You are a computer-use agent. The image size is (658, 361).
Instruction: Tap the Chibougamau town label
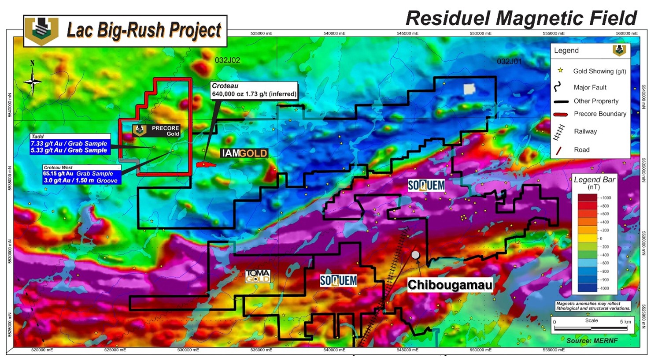click(449, 285)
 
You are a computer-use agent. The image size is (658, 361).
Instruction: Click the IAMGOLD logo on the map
click(244, 153)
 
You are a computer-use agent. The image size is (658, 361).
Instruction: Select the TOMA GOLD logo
click(258, 276)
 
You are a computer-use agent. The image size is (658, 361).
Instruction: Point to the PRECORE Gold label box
click(157, 130)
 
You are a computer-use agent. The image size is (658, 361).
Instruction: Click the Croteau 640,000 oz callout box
click(254, 90)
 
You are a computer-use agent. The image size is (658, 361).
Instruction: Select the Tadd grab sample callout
click(70, 144)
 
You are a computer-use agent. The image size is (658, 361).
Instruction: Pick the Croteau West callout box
click(81, 175)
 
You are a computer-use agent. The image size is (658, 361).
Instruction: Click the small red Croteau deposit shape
click(205, 164)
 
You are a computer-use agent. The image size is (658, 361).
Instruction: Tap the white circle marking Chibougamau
click(415, 255)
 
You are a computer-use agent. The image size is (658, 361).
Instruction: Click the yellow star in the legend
click(560, 71)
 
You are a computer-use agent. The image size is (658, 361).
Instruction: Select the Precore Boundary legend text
click(599, 114)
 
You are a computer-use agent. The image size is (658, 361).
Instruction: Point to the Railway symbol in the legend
click(559, 132)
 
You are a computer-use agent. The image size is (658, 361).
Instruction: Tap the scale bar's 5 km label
click(625, 322)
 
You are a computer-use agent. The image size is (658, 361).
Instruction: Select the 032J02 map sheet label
click(227, 60)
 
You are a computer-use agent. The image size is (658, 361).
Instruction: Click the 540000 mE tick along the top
click(334, 33)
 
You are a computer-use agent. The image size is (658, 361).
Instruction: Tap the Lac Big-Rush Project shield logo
click(41, 31)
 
